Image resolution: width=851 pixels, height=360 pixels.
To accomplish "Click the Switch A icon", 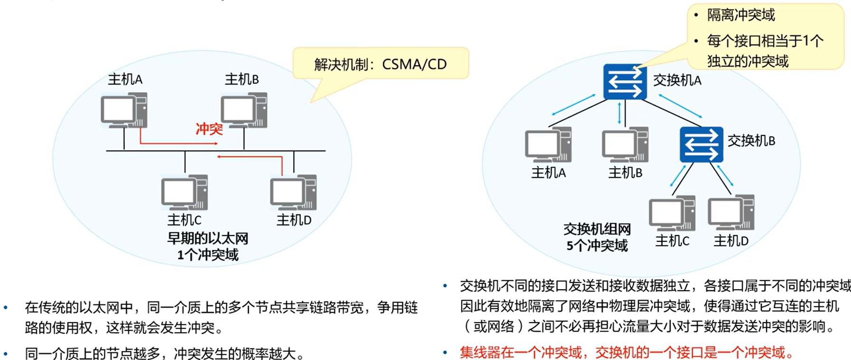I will click(625, 82).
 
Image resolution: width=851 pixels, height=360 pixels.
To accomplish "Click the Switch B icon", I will click(701, 144).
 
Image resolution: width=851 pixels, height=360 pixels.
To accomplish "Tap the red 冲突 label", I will click(209, 129).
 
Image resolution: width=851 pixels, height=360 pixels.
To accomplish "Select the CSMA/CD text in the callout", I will click(414, 64).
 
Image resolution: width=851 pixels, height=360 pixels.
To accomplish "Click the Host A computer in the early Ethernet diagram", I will click(124, 110).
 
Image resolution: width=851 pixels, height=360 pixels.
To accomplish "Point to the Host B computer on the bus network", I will click(244, 110).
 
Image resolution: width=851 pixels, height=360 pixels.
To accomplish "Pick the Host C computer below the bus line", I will click(184, 192).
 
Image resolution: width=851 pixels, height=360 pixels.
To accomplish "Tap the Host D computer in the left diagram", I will click(293, 192).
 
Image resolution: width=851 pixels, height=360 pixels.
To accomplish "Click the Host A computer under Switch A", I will click(548, 144).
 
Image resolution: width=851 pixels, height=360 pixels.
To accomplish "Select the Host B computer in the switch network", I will click(625, 144).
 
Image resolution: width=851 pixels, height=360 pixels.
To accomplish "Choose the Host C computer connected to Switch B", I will click(672, 213).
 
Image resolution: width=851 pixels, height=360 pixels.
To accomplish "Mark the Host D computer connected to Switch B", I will click(731, 213).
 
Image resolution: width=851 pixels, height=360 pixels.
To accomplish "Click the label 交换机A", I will click(677, 81).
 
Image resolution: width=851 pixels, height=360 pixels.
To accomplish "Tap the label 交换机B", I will click(751, 141).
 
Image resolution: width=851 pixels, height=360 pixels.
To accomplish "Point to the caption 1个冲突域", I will click(208, 255).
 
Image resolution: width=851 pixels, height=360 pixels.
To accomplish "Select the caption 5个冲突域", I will click(597, 246).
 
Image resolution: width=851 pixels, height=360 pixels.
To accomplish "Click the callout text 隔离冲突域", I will click(741, 15).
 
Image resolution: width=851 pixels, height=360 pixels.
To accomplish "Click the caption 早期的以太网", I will click(208, 238).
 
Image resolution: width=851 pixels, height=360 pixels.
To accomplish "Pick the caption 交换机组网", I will click(597, 229).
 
